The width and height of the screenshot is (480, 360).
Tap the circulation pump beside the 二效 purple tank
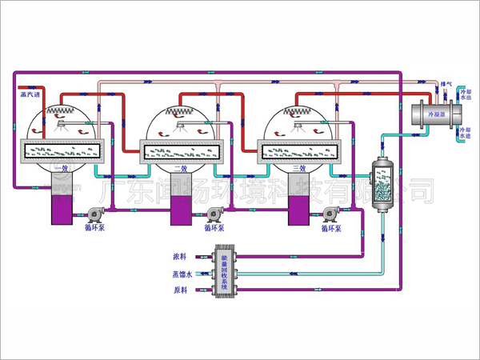pos(213,214)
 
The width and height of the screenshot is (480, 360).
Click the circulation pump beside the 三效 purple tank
pos(330,214)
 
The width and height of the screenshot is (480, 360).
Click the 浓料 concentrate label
pos(179,257)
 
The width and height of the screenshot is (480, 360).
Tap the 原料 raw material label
pos(179,290)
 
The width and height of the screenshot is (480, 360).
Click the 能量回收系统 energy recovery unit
pos(224,273)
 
